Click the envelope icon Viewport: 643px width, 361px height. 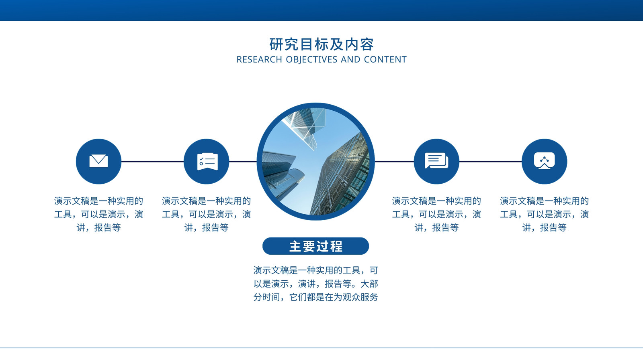pos(98,161)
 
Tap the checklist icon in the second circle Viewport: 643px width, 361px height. pos(207,162)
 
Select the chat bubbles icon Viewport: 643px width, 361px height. pos(436,161)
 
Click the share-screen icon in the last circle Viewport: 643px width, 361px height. pos(544,161)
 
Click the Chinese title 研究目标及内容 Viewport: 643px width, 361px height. pos(321,45)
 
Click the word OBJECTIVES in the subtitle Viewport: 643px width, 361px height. pos(311,60)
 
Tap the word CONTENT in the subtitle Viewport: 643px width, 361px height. pos(385,60)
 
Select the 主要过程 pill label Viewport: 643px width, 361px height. pos(316,246)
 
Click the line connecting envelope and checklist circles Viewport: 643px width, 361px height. pos(152,162)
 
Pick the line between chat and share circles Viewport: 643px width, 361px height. pos(490,162)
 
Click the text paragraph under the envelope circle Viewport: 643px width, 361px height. pos(98,214)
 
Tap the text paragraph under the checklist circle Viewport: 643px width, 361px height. pos(207,214)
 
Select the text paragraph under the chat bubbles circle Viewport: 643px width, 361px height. pos(436,214)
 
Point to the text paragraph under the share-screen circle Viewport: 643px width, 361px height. pos(544,214)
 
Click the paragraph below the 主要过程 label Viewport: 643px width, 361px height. pos(316,284)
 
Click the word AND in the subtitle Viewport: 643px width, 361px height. pos(350,60)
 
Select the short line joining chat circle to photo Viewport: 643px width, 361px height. pos(394,162)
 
